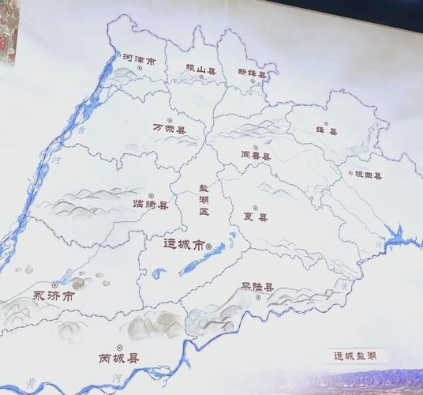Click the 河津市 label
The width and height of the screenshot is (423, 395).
pos(139,59)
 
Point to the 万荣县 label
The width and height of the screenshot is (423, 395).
pos(169,128)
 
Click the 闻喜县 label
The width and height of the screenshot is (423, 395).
pos(255,156)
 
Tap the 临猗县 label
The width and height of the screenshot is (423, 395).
pos(151,205)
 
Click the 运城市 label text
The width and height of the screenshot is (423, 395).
pos(182,246)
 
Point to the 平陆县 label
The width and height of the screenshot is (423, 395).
pos(257,288)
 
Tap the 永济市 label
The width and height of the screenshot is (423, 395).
pos(54,296)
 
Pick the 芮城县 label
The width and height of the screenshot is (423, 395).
pos(119,358)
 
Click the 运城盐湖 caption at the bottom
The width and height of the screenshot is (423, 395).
pos(355,356)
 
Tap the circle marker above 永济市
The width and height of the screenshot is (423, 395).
pos(54,284)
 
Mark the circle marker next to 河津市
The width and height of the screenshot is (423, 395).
pos(140,69)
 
